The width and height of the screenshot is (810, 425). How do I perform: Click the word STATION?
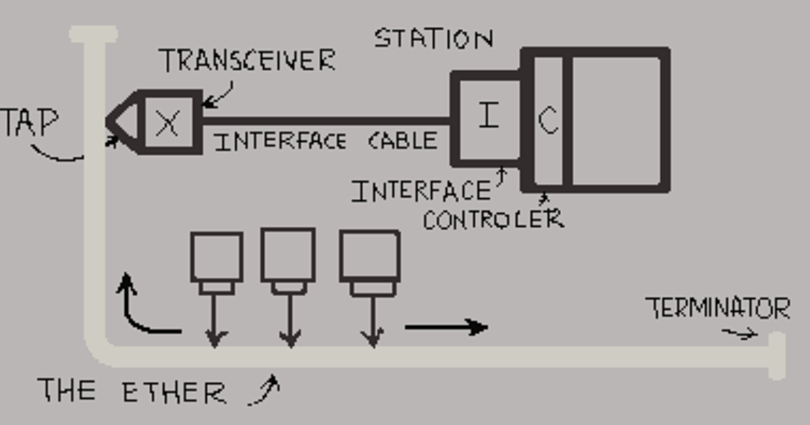click(434, 38)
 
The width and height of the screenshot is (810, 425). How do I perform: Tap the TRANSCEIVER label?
click(247, 60)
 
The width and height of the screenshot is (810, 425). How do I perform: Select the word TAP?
click(29, 122)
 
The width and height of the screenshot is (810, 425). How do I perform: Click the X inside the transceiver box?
click(167, 123)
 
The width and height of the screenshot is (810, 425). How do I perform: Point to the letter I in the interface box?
click(489, 115)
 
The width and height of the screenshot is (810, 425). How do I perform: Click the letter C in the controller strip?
click(548, 120)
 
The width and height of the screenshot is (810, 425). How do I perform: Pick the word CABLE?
click(403, 140)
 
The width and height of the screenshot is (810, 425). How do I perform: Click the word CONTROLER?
click(493, 219)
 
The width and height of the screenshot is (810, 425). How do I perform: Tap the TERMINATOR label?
click(718, 308)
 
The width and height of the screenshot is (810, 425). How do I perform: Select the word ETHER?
click(174, 392)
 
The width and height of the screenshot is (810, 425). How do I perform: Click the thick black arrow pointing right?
click(447, 327)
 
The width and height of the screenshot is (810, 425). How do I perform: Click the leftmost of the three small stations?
click(217, 263)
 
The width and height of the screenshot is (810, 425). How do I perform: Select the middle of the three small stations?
click(288, 261)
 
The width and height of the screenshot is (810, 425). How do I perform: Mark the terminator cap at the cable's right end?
click(777, 356)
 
